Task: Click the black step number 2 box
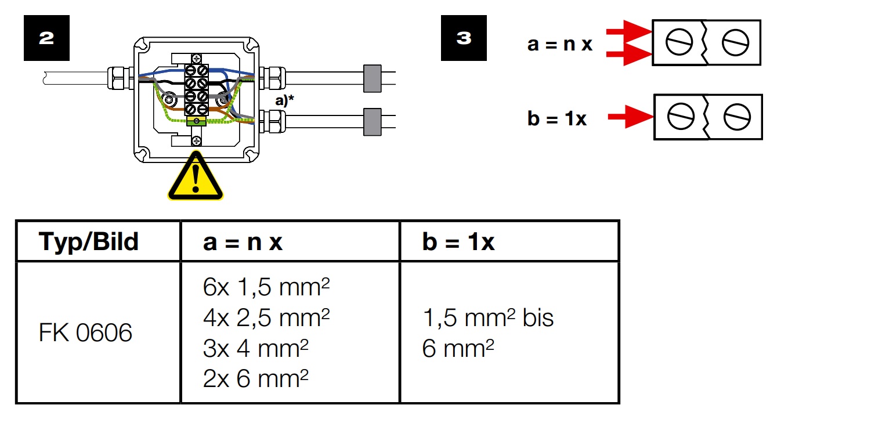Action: tap(46, 38)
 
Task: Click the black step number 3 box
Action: tap(464, 38)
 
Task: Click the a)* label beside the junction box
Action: tap(284, 101)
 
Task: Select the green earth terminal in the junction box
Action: tap(196, 121)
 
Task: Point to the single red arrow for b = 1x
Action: tap(630, 117)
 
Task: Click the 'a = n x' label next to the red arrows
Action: tap(559, 44)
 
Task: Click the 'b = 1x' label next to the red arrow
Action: tap(557, 118)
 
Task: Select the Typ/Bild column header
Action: tap(89, 241)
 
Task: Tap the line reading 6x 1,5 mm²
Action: tap(266, 287)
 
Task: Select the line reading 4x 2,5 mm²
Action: tap(266, 317)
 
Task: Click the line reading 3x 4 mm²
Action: tap(255, 348)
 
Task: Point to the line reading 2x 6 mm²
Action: tap(255, 378)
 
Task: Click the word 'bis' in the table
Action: tap(538, 317)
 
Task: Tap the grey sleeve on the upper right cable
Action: tap(372, 78)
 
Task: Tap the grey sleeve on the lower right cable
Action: tap(372, 122)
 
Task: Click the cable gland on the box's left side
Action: tap(121, 78)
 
